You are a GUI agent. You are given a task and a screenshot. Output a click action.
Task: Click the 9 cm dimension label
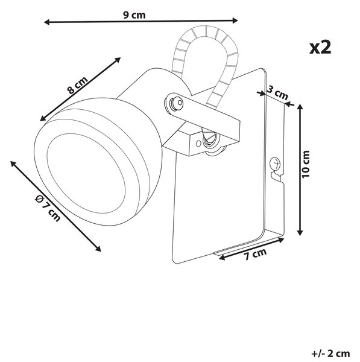134,15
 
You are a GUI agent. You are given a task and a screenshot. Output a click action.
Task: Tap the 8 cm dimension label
78,85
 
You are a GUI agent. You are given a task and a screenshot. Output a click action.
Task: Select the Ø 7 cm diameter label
48,208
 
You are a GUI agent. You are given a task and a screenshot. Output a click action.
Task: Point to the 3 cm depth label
277,92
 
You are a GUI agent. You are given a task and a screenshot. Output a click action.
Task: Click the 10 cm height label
305,164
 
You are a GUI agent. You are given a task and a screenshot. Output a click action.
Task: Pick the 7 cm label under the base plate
255,254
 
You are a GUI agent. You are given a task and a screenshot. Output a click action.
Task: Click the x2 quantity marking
320,47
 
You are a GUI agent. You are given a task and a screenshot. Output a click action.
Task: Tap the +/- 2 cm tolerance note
330,354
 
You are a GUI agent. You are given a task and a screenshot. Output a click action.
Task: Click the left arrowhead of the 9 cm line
46,22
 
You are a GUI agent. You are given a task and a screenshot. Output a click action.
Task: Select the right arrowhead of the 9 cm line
235,21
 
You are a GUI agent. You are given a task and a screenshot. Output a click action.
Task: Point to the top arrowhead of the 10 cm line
300,107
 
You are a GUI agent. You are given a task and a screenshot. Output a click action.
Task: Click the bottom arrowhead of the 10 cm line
300,232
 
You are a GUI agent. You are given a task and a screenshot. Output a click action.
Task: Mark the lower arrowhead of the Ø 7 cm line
98,249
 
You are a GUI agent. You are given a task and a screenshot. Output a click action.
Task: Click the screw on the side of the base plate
276,164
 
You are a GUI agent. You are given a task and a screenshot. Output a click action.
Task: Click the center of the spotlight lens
86,173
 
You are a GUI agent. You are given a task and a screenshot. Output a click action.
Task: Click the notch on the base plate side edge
276,176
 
